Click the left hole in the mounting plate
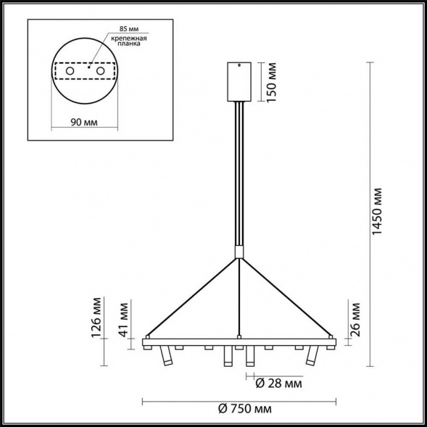[70, 72]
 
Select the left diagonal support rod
[192, 297]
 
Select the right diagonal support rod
[286, 297]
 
